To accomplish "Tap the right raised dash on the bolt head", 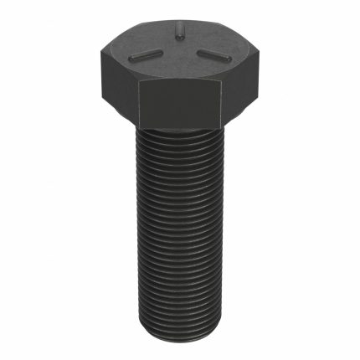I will (213, 55).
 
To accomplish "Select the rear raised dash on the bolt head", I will (178, 33).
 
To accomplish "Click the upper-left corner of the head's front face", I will (138, 83).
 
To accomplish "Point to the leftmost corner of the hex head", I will (98, 57).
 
